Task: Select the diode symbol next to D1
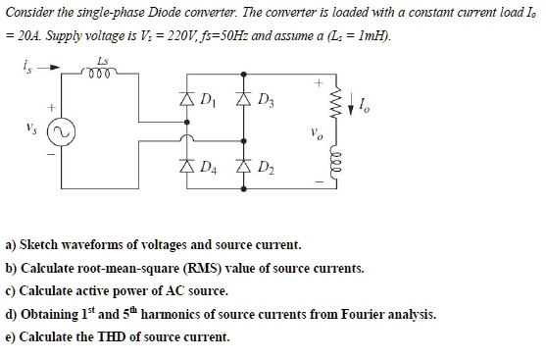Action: (184, 100)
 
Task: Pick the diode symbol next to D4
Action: (184, 167)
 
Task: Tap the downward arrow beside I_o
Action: (354, 103)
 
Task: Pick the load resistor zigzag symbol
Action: (339, 103)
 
